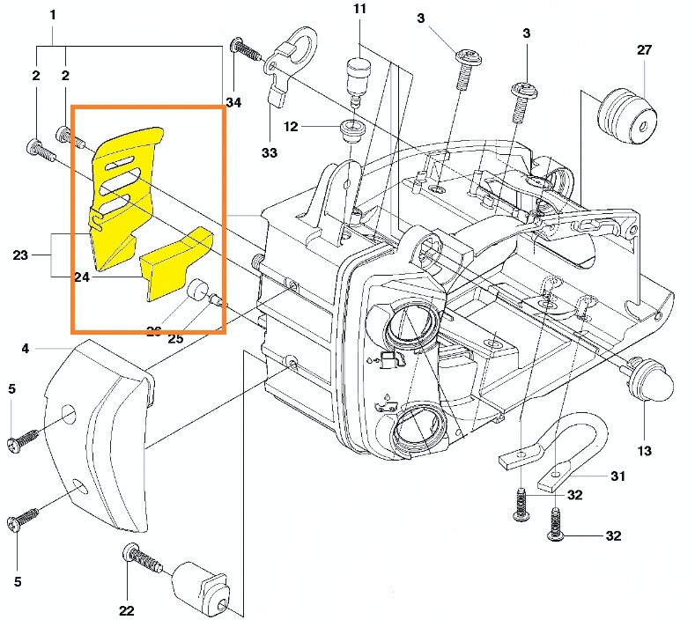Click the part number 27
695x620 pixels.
coord(645,50)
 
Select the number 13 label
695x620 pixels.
coord(645,451)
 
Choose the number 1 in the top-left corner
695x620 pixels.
coord(53,15)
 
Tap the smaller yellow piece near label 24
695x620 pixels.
coord(176,262)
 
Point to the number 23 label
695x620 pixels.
coord(21,255)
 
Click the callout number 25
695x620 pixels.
coord(175,339)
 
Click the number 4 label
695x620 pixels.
coord(26,349)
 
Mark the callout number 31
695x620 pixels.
coord(618,476)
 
